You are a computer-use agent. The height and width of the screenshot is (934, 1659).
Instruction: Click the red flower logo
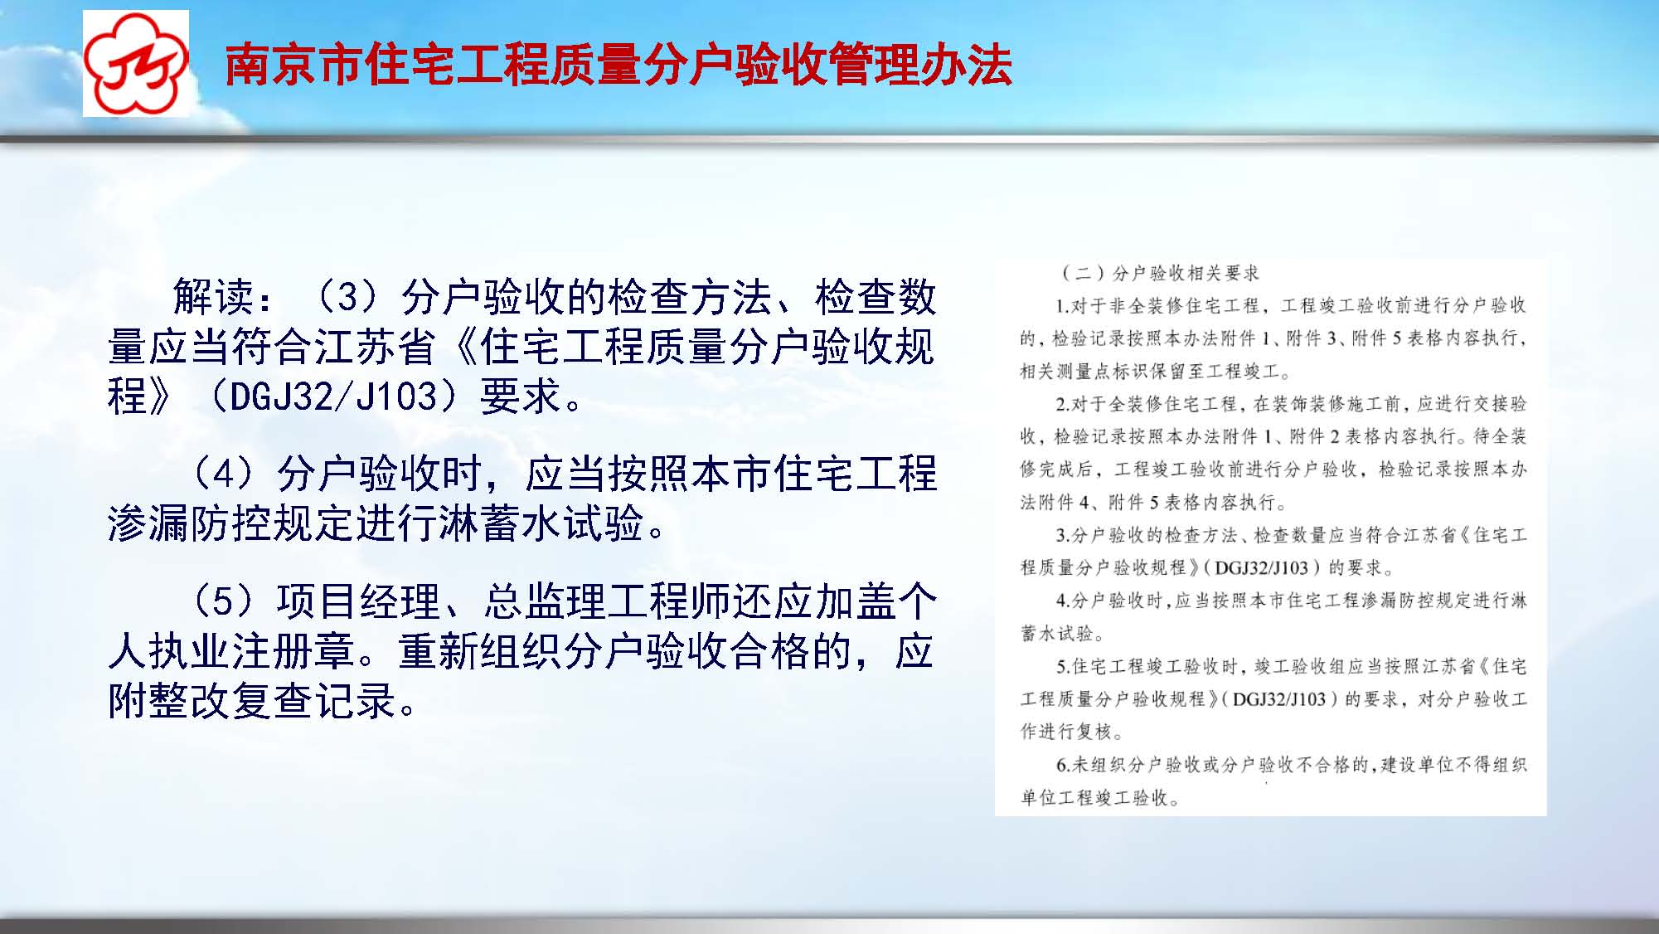click(x=136, y=64)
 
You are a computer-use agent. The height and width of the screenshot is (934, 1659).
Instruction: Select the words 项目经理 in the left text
click(x=358, y=601)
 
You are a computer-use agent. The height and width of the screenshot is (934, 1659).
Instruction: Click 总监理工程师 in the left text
click(x=607, y=601)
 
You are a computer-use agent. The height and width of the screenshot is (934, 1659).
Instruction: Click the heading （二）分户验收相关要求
click(x=1161, y=273)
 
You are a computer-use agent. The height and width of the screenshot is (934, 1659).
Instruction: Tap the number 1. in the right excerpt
click(x=1062, y=306)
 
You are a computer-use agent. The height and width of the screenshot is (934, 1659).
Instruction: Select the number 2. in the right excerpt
click(x=1062, y=405)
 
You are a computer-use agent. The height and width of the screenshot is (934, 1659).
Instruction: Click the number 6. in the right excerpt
click(x=1062, y=765)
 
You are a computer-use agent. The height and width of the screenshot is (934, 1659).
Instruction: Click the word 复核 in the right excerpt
click(x=1095, y=732)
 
